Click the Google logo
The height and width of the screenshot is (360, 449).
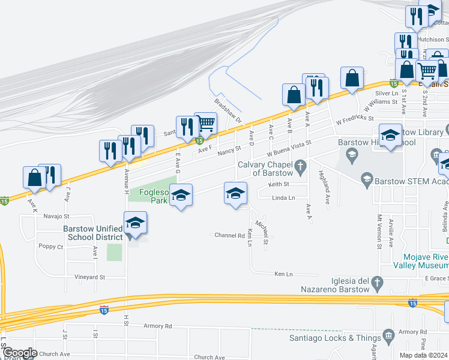pyautogui.click(x=20, y=353)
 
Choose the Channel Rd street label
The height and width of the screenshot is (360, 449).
pyautogui.click(x=230, y=235)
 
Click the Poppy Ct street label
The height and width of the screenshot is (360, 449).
pyautogui.click(x=51, y=247)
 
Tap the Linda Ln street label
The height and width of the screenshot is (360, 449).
pyautogui.click(x=283, y=197)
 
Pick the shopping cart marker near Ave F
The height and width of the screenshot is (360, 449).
pyautogui.click(x=205, y=124)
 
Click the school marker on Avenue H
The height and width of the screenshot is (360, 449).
pyautogui.click(x=135, y=224)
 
